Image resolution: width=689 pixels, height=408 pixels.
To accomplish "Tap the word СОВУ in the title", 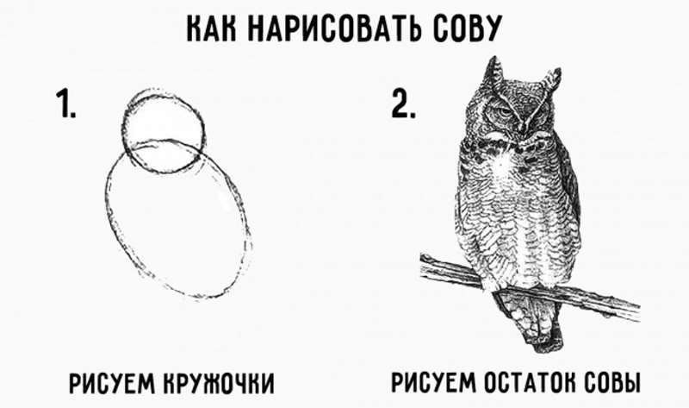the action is coord(467,28).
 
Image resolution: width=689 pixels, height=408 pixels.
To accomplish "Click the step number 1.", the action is coord(66,104).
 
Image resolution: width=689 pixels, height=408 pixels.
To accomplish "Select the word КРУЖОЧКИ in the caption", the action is coord(219,383).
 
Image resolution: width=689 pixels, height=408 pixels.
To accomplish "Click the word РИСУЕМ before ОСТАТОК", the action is coord(434,382).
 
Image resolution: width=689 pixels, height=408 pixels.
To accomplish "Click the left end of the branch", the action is coord(422,266).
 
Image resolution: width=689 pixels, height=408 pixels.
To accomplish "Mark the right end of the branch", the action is coord(638,311).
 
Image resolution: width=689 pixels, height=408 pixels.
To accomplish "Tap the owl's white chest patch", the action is coord(502,168).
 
